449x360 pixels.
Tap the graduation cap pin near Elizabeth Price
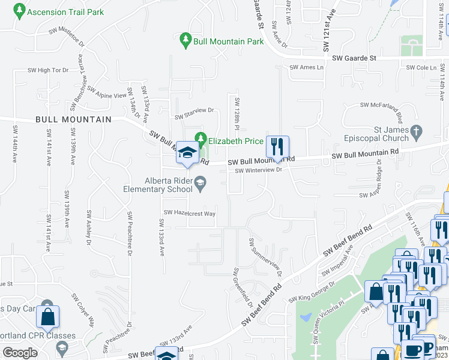pyautogui.click(x=187, y=154)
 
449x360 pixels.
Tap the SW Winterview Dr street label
pyautogui.click(x=258, y=170)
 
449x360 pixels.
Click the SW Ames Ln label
pyautogui.click(x=306, y=68)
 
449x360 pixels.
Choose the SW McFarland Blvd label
pyautogui.click(x=389, y=105)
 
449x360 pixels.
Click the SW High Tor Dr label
pyautogui.click(x=48, y=70)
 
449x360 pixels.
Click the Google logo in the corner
pyautogui.click(x=20, y=353)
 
